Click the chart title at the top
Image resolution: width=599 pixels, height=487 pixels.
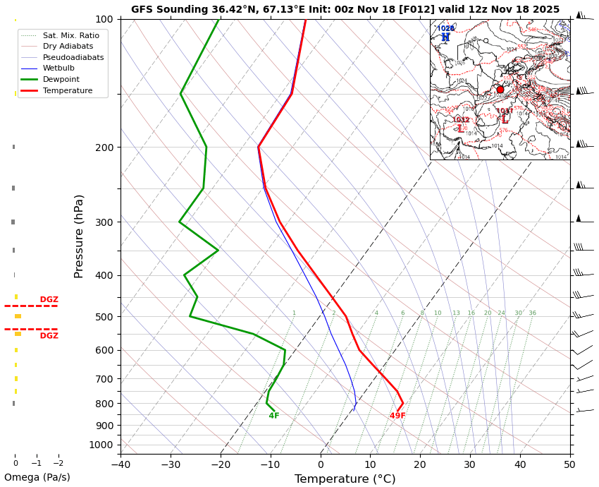click(x=345, y=9)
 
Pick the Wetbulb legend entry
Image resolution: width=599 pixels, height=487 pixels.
click(x=58, y=68)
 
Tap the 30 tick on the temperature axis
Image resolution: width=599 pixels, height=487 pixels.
click(x=469, y=464)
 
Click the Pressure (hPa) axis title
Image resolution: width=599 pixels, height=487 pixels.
click(x=79, y=236)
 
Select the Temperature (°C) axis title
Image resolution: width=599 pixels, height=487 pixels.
click(x=345, y=479)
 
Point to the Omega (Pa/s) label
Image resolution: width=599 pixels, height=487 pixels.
click(x=37, y=477)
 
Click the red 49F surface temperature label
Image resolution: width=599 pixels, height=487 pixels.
click(x=397, y=416)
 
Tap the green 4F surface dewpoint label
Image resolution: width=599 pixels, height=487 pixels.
click(x=274, y=416)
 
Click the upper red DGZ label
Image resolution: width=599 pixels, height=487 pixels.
click(x=49, y=300)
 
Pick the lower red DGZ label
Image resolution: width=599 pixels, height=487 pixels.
click(x=49, y=336)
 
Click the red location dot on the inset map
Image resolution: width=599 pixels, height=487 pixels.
click(x=500, y=90)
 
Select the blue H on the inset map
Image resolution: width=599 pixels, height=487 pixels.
click(x=445, y=37)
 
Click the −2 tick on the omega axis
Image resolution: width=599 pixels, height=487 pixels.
click(x=58, y=464)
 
